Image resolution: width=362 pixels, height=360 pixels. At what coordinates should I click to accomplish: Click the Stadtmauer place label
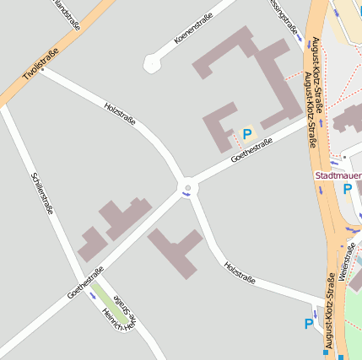point(338,175)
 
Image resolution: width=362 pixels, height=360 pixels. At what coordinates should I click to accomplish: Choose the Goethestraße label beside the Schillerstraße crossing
point(85,283)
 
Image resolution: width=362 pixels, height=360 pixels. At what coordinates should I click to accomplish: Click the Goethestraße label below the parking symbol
point(251,150)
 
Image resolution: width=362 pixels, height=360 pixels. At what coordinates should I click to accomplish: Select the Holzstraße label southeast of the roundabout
point(240,271)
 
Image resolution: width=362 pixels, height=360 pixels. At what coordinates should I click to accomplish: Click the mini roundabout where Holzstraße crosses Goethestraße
point(188,188)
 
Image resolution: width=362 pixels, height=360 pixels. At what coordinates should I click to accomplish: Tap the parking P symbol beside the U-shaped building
point(247,133)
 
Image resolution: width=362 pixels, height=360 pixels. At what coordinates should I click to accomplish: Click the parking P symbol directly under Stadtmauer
point(347,190)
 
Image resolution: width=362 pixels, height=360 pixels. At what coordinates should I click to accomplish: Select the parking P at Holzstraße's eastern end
point(309,324)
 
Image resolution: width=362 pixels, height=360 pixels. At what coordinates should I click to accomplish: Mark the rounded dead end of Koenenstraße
point(152,63)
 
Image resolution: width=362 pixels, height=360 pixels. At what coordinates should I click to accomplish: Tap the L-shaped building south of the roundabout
point(176,250)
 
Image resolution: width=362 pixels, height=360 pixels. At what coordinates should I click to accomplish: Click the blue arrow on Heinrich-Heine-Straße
point(93,296)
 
